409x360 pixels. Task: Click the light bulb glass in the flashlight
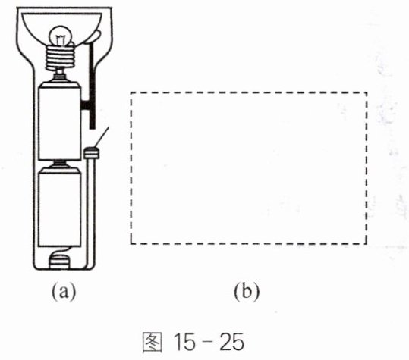(61, 36)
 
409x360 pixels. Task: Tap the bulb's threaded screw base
(60, 58)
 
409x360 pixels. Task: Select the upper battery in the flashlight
(59, 121)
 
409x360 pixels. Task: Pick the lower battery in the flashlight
(59, 207)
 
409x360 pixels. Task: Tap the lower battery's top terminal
(60, 164)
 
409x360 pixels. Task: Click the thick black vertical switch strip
(92, 86)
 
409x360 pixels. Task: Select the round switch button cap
(92, 153)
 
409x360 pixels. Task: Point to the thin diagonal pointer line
(102, 137)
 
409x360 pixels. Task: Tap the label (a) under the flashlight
(64, 292)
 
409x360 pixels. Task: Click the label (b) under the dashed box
(247, 292)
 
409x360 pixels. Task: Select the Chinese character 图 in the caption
(152, 342)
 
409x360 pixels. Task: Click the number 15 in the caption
(184, 342)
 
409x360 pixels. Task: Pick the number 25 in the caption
(231, 342)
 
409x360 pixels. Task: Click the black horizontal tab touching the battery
(85, 105)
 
